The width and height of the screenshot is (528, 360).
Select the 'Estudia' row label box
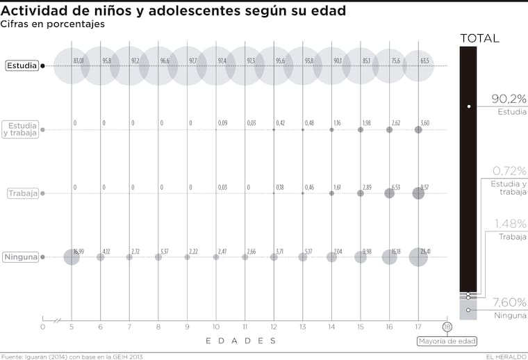22,66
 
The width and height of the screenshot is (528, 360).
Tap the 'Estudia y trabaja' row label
20,129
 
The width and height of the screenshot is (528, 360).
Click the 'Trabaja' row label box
22,194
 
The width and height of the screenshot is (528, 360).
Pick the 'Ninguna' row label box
22,257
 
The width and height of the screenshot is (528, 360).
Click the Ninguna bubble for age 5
72,257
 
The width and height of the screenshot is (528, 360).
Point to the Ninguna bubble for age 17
418,257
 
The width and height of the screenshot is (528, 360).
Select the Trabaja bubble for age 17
418,193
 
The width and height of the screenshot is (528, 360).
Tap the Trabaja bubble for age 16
389,193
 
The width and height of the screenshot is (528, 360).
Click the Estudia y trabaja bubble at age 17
418,129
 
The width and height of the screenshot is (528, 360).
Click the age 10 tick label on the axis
216,326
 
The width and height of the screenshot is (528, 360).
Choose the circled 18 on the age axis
447,326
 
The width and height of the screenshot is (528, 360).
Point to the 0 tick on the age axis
42,326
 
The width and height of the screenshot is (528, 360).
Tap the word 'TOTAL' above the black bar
480,38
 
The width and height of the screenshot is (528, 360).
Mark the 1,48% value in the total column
511,223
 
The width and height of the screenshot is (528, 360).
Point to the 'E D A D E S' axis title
240,341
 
